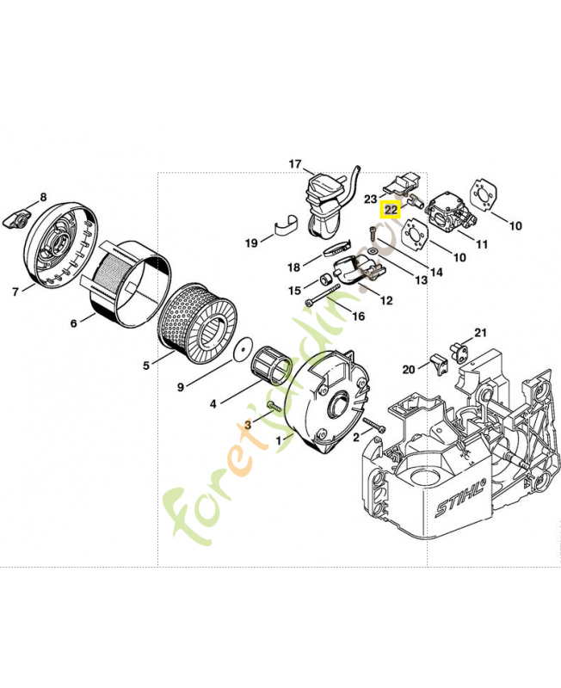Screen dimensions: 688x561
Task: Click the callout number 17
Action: click(x=295, y=163)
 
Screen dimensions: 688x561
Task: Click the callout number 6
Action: click(x=74, y=322)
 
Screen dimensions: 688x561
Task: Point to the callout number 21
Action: click(x=481, y=333)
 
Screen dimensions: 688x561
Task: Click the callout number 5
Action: click(x=147, y=365)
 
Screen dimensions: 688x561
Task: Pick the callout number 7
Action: click(x=15, y=291)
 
